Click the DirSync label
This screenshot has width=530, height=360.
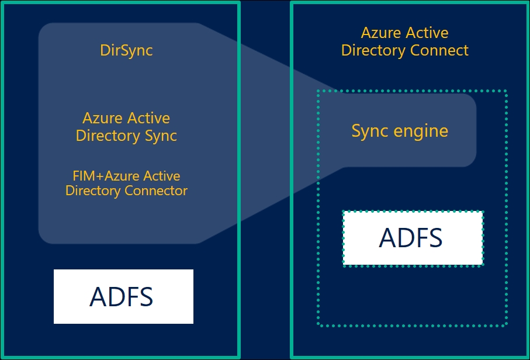click(x=126, y=50)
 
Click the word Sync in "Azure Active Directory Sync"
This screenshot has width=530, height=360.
click(x=161, y=136)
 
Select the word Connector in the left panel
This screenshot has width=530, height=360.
click(x=156, y=191)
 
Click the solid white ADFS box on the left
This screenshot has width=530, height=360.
click(x=123, y=296)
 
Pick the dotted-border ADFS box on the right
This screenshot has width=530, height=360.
click(x=413, y=238)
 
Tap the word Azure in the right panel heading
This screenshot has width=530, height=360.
click(x=381, y=33)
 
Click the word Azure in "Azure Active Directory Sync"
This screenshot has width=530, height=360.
click(x=102, y=118)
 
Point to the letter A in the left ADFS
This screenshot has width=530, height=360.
click(x=98, y=296)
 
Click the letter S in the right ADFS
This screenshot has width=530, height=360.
click(x=434, y=238)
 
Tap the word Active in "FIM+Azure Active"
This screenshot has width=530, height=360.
click(x=161, y=176)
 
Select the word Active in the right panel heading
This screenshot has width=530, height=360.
click(x=427, y=33)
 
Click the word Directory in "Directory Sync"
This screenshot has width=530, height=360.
click(x=108, y=136)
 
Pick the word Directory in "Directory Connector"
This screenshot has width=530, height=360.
click(x=93, y=191)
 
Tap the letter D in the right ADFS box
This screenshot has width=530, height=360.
click(x=404, y=238)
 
